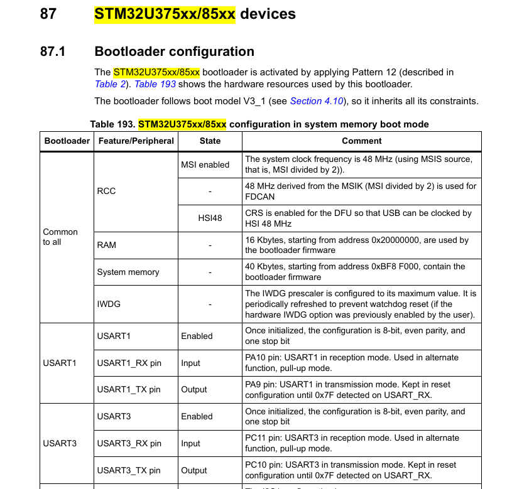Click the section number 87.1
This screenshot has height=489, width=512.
point(53,51)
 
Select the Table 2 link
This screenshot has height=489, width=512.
point(110,84)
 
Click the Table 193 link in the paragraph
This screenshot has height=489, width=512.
point(155,84)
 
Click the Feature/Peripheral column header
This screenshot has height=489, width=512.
point(136,141)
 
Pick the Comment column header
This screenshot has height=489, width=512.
point(361,141)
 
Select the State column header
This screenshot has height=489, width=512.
point(210,141)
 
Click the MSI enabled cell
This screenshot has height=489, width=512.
point(205,164)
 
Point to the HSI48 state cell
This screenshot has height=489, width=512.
point(210,218)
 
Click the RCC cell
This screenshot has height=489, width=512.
point(106,191)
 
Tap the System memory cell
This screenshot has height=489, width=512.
point(128,272)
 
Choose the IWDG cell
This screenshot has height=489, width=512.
point(108,304)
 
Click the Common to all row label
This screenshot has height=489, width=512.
point(60,237)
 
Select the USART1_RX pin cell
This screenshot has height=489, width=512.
point(129,363)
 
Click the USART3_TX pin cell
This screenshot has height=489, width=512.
point(128,470)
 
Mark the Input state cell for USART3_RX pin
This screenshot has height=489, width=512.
point(190,443)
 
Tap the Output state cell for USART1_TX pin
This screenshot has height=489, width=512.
point(193,389)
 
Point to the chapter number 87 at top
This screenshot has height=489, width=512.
point(48,14)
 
